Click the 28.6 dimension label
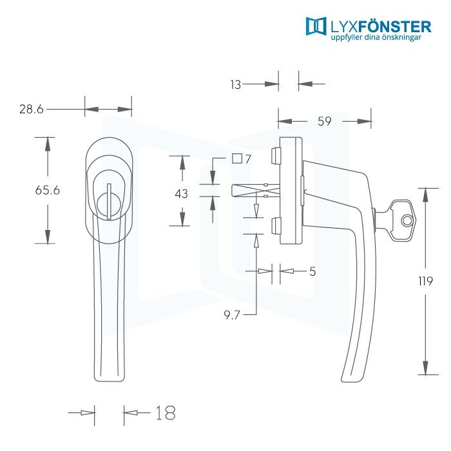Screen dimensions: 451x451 32,110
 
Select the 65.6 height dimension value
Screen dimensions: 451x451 48,190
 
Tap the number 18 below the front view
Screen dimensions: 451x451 166,413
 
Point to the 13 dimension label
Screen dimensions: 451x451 236,85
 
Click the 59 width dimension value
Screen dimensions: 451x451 325,121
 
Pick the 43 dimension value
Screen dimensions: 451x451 182,193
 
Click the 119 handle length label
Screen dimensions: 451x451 426,281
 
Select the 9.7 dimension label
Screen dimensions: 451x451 232,315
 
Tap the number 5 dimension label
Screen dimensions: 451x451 312,271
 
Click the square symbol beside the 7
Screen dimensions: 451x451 237,158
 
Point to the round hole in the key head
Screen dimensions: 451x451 407,221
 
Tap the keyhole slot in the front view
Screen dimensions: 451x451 109,202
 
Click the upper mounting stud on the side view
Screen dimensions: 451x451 275,156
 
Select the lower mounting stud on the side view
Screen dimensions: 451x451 275,226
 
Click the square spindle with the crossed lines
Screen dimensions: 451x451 256,191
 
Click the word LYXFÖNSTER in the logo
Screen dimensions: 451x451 381,27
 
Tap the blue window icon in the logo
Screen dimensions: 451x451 316,26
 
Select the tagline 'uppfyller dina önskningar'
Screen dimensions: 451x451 376,37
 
